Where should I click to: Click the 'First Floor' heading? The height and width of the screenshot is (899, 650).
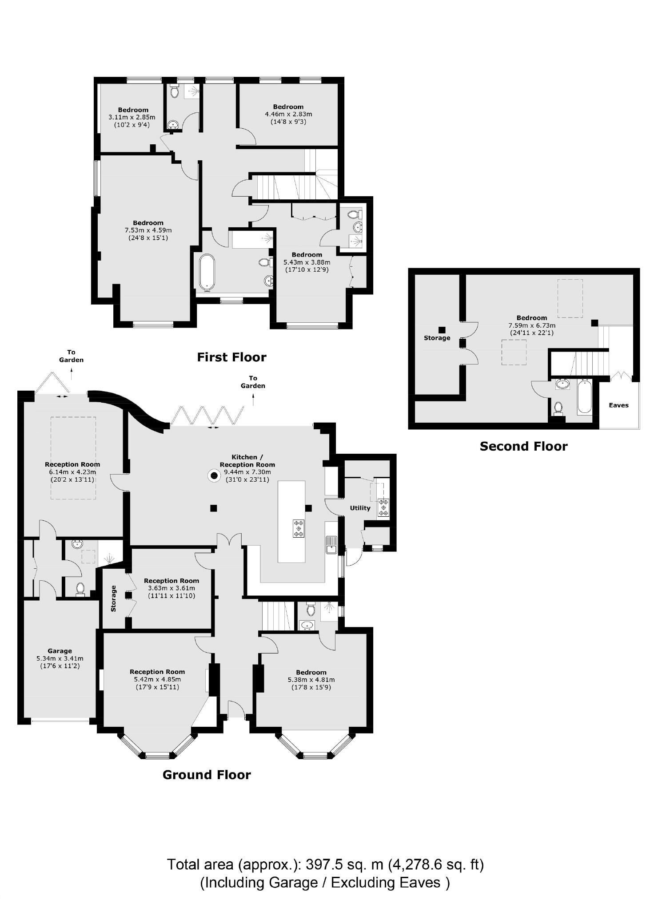(x=231, y=357)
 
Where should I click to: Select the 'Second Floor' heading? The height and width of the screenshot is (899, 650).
(x=523, y=447)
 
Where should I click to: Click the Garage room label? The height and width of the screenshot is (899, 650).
(x=60, y=651)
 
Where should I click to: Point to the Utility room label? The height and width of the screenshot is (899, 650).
(x=360, y=508)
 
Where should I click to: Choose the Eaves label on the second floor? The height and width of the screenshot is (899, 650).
(x=618, y=405)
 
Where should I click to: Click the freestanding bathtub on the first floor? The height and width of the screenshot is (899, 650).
(x=207, y=272)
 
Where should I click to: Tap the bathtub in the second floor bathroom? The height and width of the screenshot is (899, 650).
(x=584, y=397)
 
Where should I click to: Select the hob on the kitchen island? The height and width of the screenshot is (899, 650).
(x=299, y=528)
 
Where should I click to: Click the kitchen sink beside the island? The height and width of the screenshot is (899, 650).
(x=331, y=545)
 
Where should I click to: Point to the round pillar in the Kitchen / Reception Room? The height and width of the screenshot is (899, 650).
(x=214, y=476)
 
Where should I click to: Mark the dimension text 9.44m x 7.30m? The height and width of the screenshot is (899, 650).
(x=247, y=472)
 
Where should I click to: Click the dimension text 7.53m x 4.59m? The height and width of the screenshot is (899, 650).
(x=148, y=230)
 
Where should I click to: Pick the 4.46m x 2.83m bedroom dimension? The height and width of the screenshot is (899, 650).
(x=288, y=114)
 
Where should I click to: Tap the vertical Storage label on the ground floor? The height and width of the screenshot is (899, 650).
(x=113, y=598)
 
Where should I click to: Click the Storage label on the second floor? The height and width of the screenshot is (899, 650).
(x=437, y=338)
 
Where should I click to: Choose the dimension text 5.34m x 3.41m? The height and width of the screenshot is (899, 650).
(x=60, y=658)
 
